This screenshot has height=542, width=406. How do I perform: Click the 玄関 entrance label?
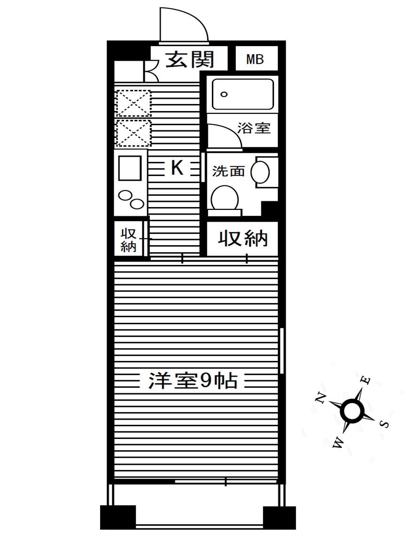point(189,59)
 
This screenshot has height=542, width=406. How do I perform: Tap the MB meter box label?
point(255,59)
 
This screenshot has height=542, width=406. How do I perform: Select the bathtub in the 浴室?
point(242,95)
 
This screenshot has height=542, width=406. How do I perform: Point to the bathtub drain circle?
point(225,95)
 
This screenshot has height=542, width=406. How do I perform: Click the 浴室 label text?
point(254,128)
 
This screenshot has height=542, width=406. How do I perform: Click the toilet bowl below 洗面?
point(225,198)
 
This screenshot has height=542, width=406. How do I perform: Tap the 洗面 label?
point(228,171)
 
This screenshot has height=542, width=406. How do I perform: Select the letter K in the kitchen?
point(177,168)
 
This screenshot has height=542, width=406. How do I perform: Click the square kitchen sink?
point(130,168)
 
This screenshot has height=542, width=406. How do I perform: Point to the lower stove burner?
point(136,204)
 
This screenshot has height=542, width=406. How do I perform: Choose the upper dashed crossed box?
point(133,103)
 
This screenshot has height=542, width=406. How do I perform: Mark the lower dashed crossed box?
point(133,133)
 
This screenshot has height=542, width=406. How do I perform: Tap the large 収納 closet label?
point(242,239)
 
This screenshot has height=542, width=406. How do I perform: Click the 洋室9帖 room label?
point(193,381)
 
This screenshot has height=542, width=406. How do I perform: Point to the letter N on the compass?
point(321,398)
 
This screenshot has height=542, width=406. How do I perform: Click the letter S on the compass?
point(384,424)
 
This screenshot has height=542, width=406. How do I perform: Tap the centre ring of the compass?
point(352,410)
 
